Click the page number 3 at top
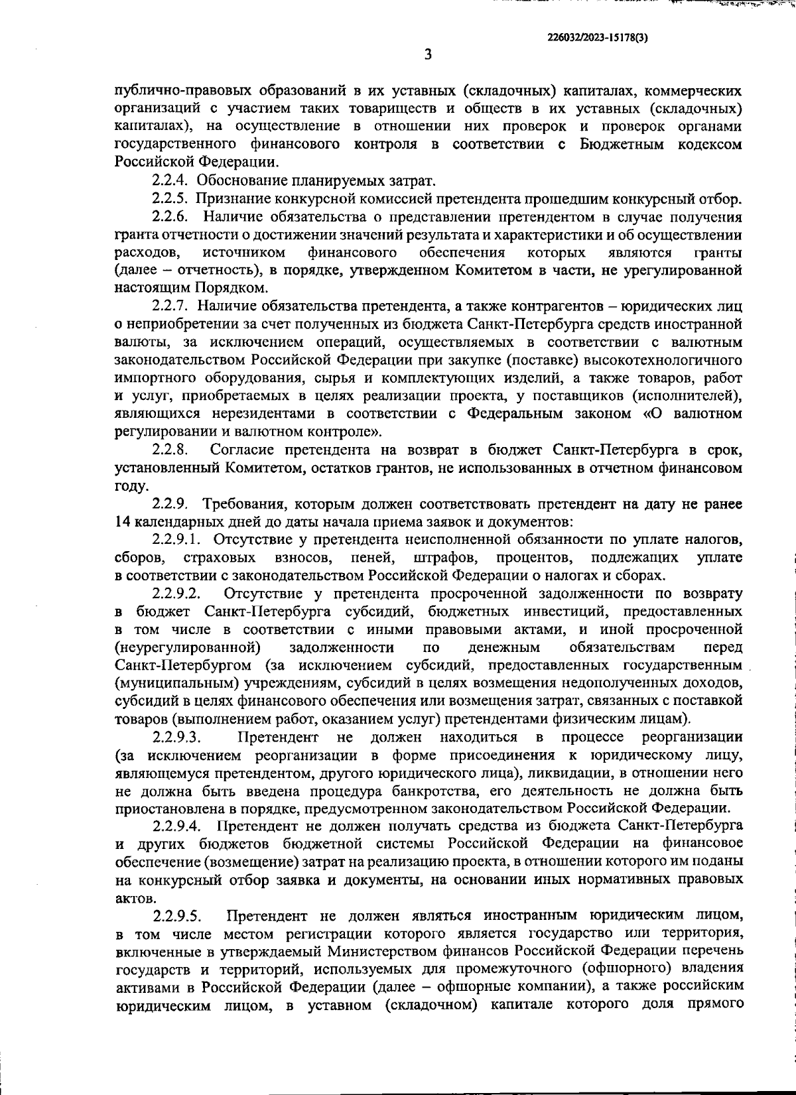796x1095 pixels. click(428, 55)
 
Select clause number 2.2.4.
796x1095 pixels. click(171, 180)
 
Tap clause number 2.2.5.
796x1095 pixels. click(171, 198)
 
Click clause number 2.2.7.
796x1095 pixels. click(171, 306)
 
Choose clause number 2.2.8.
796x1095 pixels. click(171, 450)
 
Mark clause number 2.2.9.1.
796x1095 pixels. click(177, 539)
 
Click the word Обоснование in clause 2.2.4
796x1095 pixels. click(243, 180)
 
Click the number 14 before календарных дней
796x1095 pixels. click(123, 521)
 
